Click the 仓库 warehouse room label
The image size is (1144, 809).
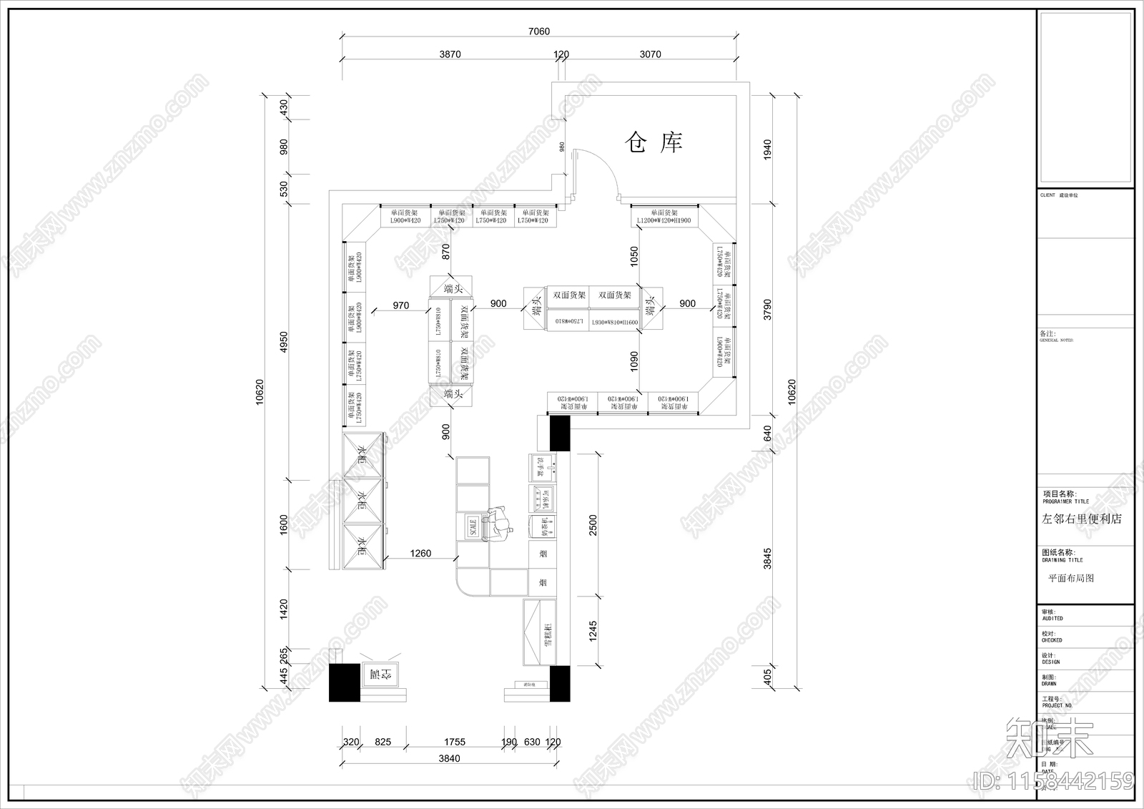[x=654, y=142]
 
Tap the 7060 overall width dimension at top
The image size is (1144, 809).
[x=538, y=31]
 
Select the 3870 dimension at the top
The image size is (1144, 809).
[x=450, y=54]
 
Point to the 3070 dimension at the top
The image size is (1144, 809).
[x=650, y=54]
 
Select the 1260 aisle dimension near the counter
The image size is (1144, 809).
[x=420, y=553]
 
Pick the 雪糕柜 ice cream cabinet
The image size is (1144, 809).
[x=541, y=634]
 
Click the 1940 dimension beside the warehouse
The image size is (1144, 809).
[x=768, y=149]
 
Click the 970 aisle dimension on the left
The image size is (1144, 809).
[x=400, y=305]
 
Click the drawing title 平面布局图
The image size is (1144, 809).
[x=1070, y=578]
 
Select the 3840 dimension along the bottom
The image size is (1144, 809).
[x=449, y=758]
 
